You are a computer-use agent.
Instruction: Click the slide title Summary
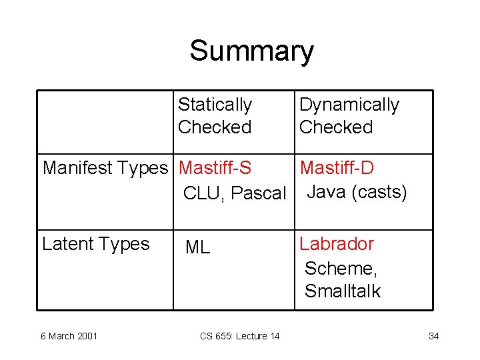[x=251, y=51]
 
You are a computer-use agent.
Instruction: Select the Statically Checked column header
[x=215, y=115]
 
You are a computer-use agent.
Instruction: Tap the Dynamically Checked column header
[x=349, y=115]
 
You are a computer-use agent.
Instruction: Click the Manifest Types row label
[x=105, y=168]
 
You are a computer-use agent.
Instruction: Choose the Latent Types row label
[x=95, y=244]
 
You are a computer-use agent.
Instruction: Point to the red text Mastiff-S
[x=215, y=168]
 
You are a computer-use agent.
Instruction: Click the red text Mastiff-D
[x=337, y=168]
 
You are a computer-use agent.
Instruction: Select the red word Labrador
[x=337, y=244]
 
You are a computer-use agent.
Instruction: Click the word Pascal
[x=259, y=193]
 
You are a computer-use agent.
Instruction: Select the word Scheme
[x=341, y=268]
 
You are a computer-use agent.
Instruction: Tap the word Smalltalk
[x=342, y=291]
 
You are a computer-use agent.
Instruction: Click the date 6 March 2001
[x=69, y=336]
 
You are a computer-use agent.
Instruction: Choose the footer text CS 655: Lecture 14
[x=239, y=336]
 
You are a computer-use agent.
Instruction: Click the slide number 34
[x=433, y=336]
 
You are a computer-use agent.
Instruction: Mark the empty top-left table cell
[x=105, y=122]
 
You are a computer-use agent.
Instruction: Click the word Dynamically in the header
[x=349, y=105]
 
